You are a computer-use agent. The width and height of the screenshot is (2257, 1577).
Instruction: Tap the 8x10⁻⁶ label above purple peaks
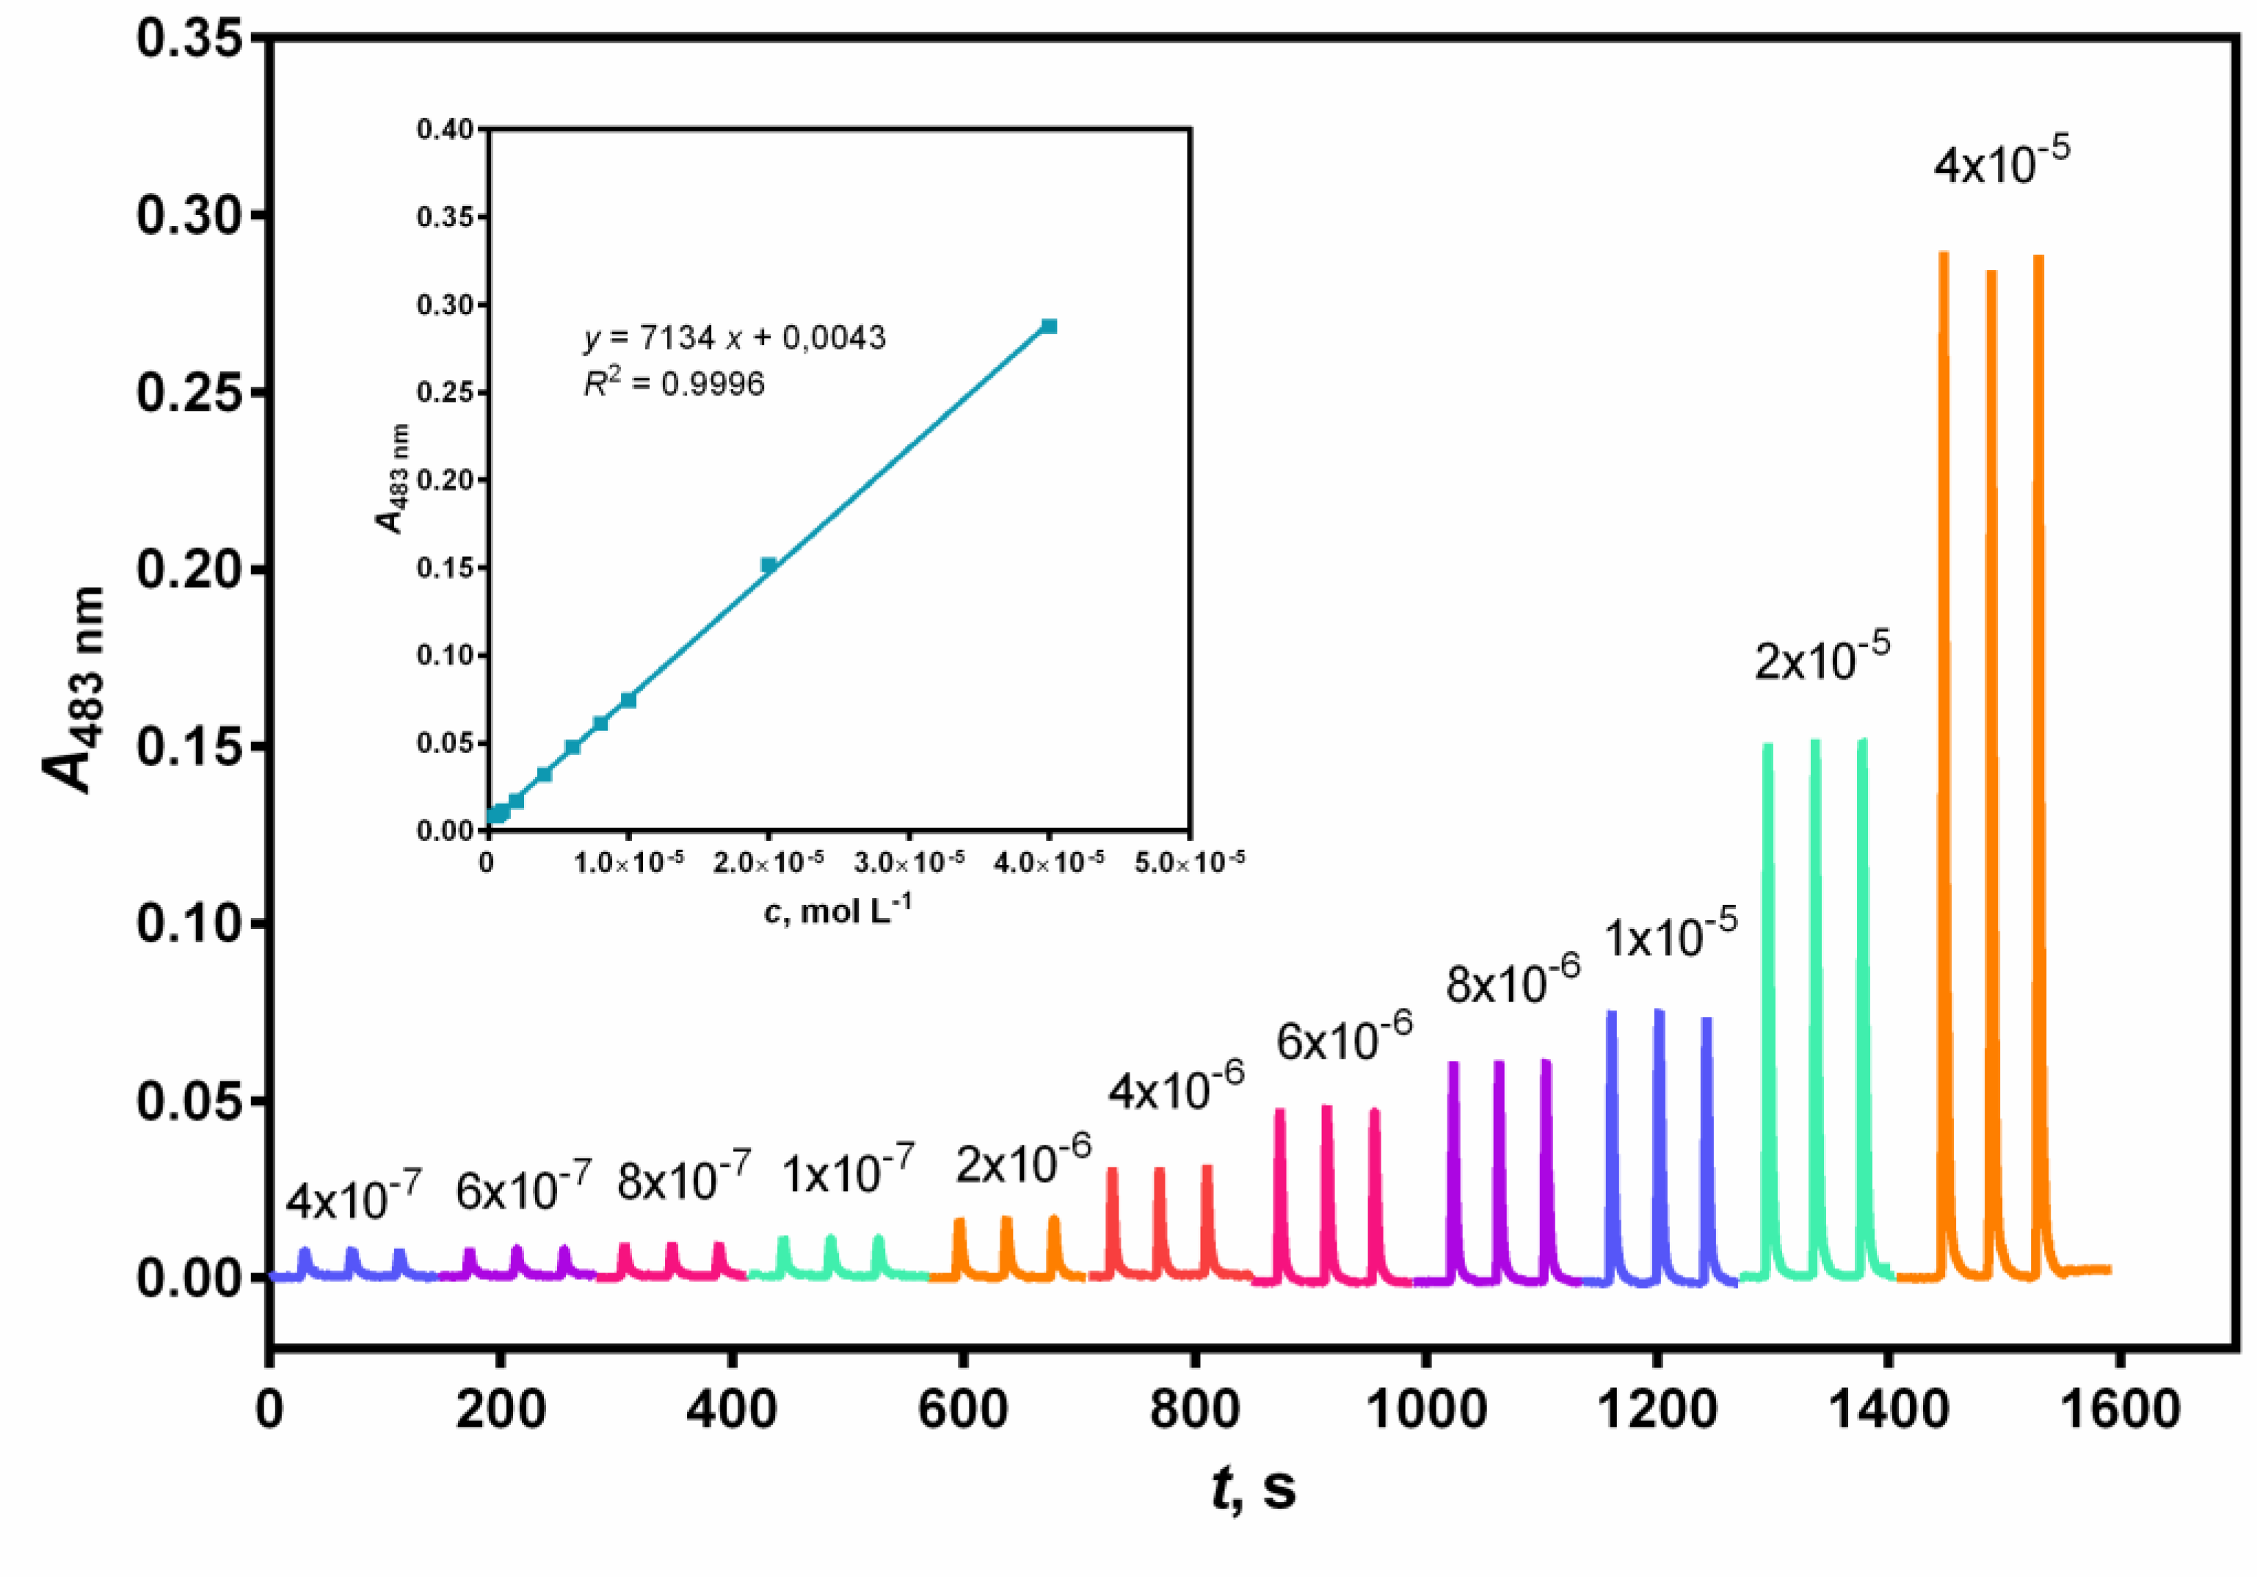coord(1512,980)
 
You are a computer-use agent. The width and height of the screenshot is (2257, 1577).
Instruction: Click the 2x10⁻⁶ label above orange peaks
coord(1023,1162)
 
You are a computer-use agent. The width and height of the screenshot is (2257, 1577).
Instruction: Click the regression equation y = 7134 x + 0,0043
coord(734,338)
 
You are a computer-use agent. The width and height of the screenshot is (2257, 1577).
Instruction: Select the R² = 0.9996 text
coord(675,383)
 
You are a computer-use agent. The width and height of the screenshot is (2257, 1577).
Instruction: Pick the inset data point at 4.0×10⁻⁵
coord(1049,327)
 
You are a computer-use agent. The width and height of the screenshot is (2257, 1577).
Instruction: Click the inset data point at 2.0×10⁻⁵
coord(768,565)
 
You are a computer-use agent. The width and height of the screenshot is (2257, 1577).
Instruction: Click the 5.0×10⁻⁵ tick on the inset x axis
coord(1190,862)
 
